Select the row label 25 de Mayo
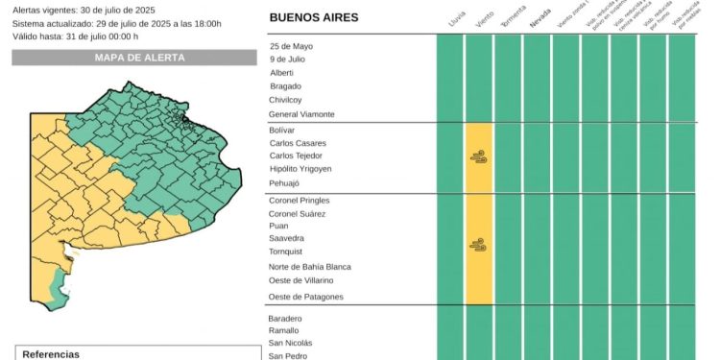(x=291, y=46)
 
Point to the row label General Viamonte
(x=302, y=114)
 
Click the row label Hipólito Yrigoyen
(x=300, y=169)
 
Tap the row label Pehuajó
(x=285, y=182)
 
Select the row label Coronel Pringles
(x=300, y=200)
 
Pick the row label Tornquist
(x=287, y=251)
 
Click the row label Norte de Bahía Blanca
(x=310, y=267)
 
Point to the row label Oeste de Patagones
(x=305, y=297)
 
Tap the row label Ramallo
(x=285, y=330)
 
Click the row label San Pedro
(x=288, y=355)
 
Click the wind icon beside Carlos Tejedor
(x=478, y=156)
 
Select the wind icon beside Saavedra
(x=478, y=245)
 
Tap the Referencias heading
(x=51, y=354)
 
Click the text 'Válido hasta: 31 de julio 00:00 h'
(x=76, y=36)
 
